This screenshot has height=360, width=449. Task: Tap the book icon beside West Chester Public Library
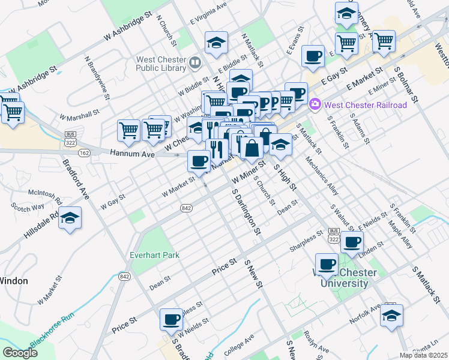point(194,62)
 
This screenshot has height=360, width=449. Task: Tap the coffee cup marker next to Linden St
point(352,242)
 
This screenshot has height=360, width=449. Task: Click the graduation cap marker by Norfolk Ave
point(391,316)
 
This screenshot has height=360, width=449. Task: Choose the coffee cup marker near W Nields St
point(171,319)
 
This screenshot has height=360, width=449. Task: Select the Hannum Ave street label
point(132,154)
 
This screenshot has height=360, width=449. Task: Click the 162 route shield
point(84,154)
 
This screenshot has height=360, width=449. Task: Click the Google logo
point(20,352)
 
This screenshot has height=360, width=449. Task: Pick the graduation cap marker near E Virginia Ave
point(216,43)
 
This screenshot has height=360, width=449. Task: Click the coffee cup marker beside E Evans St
point(313,56)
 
